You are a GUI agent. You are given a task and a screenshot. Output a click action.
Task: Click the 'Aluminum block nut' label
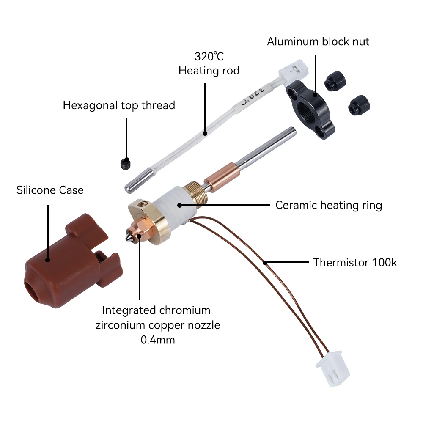click(318, 41)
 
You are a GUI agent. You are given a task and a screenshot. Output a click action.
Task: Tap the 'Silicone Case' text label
click(50, 190)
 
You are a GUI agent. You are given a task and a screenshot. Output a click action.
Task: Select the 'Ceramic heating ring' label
click(329, 205)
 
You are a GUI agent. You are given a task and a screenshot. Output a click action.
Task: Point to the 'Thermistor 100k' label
click(355, 263)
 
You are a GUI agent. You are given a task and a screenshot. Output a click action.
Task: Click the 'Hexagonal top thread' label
click(119, 105)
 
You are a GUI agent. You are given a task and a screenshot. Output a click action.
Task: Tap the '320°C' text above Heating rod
click(209, 57)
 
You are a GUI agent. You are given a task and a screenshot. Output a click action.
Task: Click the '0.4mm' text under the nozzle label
click(158, 340)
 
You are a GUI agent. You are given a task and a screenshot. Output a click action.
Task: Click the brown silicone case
click(73, 260)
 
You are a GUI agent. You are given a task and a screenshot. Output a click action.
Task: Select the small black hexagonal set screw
click(126, 164)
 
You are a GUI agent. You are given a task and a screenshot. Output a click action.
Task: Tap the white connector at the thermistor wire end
click(333, 369)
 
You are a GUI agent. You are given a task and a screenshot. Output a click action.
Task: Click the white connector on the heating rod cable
click(293, 70)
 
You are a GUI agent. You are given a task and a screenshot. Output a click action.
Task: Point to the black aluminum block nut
click(310, 109)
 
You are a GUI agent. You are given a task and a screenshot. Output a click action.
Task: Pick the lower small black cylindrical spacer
click(359, 105)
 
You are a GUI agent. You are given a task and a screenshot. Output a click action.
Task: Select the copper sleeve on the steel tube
click(222, 178)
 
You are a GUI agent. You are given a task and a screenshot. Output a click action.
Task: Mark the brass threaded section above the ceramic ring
click(195, 193)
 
